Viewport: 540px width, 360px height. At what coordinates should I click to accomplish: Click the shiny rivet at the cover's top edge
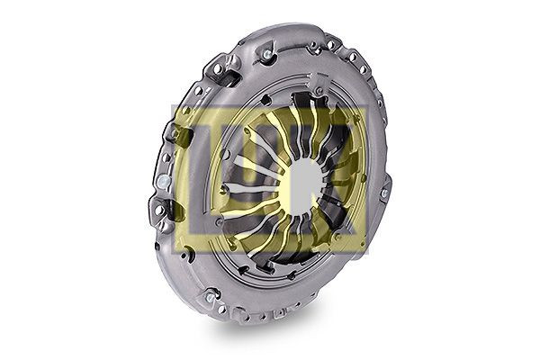266,56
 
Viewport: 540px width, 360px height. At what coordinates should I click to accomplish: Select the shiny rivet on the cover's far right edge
384,193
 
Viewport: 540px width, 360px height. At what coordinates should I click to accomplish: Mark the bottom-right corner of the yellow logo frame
364,255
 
